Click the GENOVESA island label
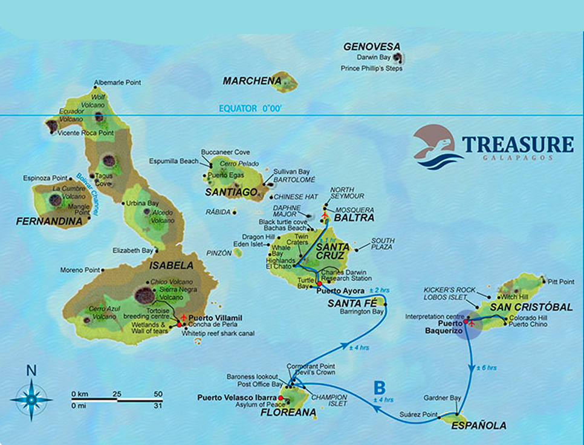click(372, 46)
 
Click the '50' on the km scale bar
click(157, 394)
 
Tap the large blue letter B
click(380, 387)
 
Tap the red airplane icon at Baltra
click(325, 216)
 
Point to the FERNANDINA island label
click(49, 222)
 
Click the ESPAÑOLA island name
click(479, 426)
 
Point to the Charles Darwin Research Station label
click(346, 275)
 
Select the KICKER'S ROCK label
click(449, 290)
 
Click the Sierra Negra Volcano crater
click(144, 295)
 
